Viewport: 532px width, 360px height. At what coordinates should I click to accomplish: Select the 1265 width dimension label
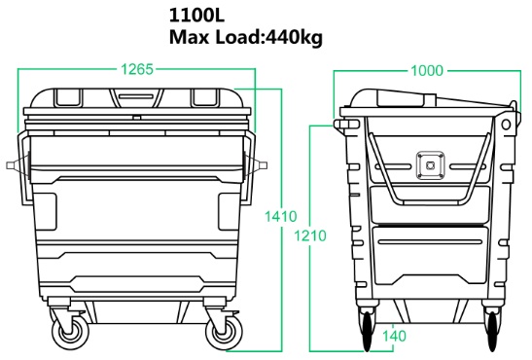tap(136, 70)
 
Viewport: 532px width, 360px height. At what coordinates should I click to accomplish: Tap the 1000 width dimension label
tap(427, 70)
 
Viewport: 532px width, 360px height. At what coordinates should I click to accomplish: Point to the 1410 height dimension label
tap(280, 217)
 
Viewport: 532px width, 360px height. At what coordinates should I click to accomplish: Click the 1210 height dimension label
tap(311, 236)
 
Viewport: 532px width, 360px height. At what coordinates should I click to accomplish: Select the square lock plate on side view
tap(425, 164)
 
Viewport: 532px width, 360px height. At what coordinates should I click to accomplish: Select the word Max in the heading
tap(190, 39)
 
